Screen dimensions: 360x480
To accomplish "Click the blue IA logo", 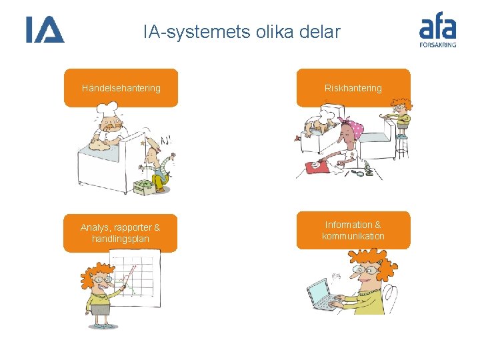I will (x=45, y=30).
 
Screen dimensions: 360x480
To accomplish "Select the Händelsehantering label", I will (x=121, y=88).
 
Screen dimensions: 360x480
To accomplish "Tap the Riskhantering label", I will (x=353, y=88).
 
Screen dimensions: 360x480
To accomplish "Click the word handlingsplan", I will (x=121, y=239).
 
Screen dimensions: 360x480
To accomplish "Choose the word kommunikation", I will (x=353, y=236).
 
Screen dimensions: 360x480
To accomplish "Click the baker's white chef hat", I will (x=110, y=118).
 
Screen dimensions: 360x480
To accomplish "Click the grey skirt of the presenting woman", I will (x=101, y=310).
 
